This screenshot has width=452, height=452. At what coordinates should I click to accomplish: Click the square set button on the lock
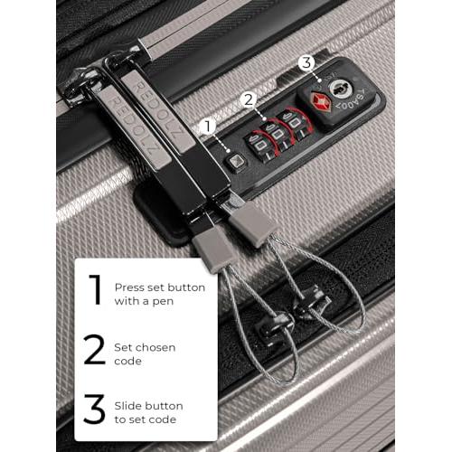click(x=236, y=162)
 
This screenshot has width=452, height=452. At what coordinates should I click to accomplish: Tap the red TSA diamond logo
click(x=320, y=101)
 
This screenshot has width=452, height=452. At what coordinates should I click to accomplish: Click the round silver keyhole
click(x=341, y=88)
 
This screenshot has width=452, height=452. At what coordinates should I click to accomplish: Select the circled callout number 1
click(x=208, y=127)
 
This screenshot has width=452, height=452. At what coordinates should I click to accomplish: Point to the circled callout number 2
click(x=249, y=100)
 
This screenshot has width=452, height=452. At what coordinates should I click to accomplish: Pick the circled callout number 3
click(x=306, y=62)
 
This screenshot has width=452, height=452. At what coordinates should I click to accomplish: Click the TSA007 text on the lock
click(x=353, y=98)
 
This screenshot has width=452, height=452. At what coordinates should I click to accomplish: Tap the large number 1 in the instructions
click(x=96, y=290)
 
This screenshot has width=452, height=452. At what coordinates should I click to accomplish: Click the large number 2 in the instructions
click(x=95, y=350)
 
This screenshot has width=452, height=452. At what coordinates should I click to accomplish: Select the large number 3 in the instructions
click(x=94, y=409)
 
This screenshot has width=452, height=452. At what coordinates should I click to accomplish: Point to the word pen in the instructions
click(x=163, y=302)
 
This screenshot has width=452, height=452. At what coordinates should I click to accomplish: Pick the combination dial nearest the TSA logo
click(x=295, y=125)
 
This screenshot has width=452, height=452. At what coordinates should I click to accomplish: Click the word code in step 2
click(x=127, y=362)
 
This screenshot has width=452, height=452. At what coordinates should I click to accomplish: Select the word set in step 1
click(x=155, y=287)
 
